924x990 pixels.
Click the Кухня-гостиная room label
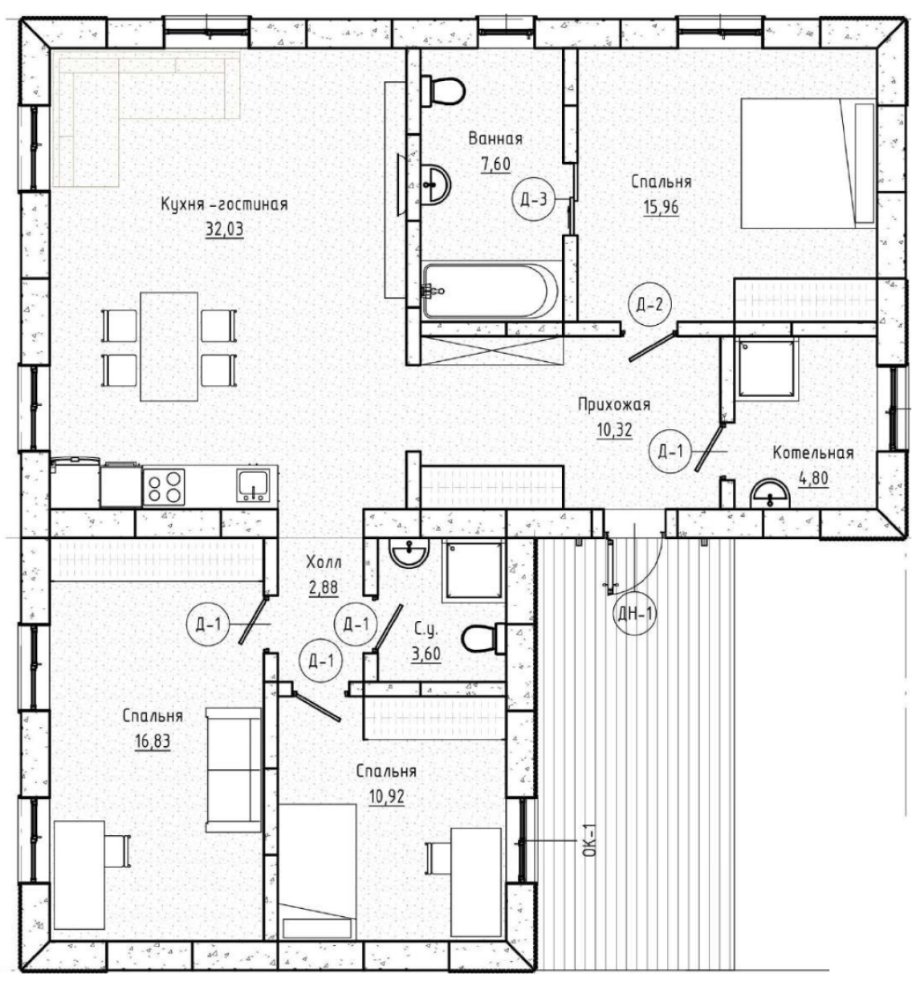coord(224,205)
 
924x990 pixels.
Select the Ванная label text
coord(495,139)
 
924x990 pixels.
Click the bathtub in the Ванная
coord(490,291)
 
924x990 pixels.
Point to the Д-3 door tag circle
coord(533,200)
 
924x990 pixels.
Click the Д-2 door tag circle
coord(649,304)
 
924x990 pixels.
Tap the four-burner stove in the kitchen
coord(164,487)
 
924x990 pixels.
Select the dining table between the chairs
coord(169,347)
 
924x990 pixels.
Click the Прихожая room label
coord(613,405)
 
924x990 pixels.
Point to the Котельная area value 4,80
coord(813,478)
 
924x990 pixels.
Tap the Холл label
coord(324,563)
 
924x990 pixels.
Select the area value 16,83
coord(153,742)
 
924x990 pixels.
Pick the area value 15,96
coord(661,206)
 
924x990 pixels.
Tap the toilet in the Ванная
coord(443,91)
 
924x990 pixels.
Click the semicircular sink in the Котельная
coord(770,494)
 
